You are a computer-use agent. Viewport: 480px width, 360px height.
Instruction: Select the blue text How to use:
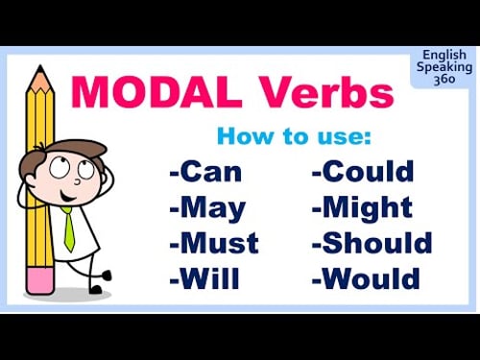[294, 135]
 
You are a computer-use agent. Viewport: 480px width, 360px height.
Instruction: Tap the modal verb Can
[210, 173]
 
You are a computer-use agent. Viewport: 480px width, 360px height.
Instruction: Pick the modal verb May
[210, 208]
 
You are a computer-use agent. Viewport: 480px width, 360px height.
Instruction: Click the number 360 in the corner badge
[444, 80]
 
